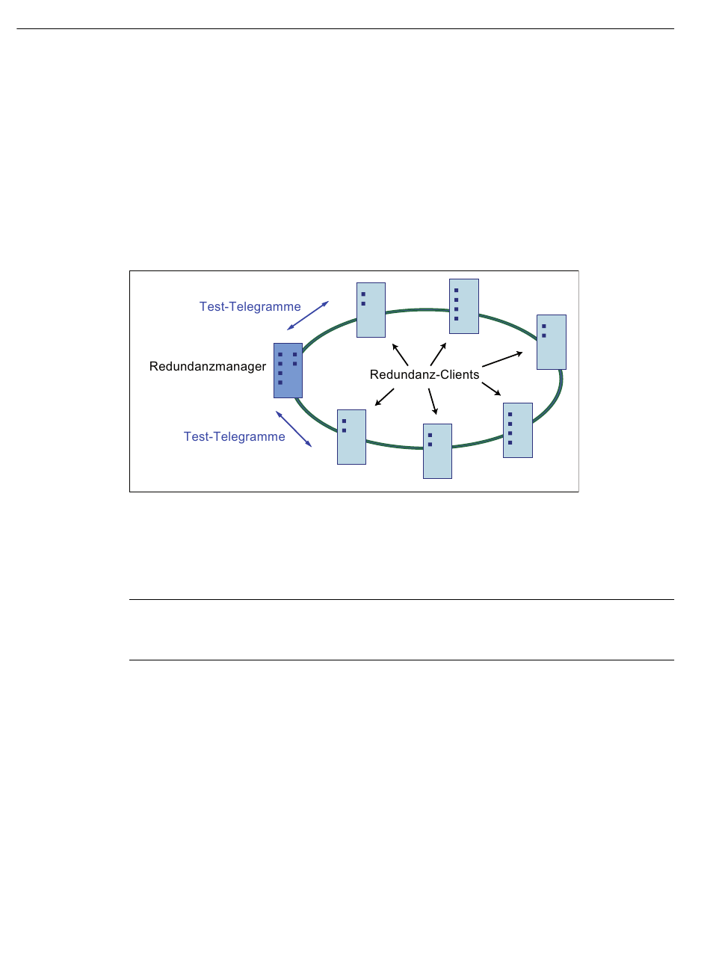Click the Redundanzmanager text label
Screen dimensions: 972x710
click(208, 367)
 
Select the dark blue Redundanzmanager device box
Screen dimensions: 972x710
click(288, 371)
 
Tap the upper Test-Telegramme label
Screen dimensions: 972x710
click(250, 306)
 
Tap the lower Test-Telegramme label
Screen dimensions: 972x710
click(235, 436)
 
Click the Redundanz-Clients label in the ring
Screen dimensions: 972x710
click(425, 375)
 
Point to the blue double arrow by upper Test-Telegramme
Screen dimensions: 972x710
click(308, 315)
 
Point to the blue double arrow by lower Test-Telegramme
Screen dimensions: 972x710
click(294, 429)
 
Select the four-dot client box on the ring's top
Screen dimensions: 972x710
click(463, 306)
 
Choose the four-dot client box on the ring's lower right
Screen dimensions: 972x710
click(518, 430)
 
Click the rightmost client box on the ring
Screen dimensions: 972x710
click(552, 342)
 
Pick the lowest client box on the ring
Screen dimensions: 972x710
click(437, 451)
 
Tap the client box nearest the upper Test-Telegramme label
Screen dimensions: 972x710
click(371, 310)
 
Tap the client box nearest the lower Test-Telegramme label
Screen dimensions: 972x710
click(351, 437)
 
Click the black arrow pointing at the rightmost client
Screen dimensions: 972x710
click(502, 359)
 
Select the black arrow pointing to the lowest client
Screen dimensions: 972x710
click(432, 401)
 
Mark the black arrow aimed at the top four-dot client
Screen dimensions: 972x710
click(439, 354)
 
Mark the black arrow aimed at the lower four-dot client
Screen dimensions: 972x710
click(491, 389)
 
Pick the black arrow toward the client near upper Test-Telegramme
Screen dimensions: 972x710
click(401, 354)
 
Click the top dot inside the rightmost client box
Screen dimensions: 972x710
click(544, 326)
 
